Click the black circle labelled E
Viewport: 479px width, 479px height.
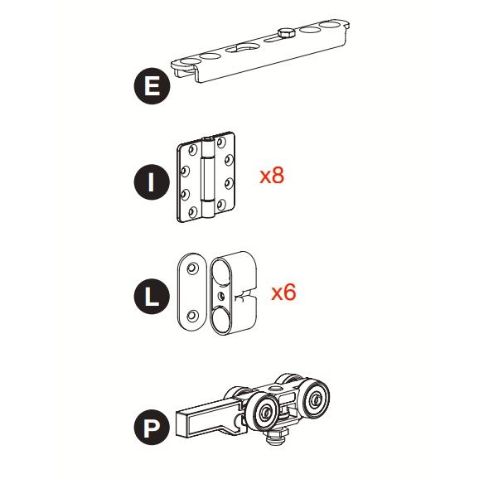pos(152,86)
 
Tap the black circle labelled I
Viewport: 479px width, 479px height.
pos(152,182)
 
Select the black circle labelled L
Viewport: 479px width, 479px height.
pos(152,298)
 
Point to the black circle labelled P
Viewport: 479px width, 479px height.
pos(152,428)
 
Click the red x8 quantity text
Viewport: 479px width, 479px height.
pos(272,176)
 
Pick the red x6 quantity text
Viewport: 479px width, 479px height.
pos(283,292)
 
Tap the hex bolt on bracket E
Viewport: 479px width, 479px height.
pos(286,33)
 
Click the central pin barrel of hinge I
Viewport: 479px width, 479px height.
pos(207,178)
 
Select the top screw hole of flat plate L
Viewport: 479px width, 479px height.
pos(192,268)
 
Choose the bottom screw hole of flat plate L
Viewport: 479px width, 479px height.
pos(192,315)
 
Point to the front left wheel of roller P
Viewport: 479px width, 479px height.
pos(265,412)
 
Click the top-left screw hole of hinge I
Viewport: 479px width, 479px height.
pos(192,150)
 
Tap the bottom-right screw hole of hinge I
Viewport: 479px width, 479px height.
pos(220,205)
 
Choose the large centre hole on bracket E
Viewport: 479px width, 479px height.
pos(247,48)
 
